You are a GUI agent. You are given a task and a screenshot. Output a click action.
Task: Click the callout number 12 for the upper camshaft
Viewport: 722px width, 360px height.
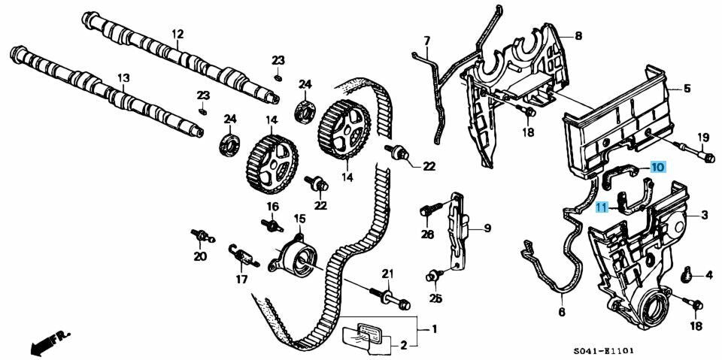click(x=177, y=34)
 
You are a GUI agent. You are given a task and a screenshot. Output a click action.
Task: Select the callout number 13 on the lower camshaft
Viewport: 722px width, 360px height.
click(x=123, y=77)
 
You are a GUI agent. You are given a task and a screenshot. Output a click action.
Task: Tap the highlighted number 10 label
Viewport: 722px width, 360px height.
click(x=657, y=167)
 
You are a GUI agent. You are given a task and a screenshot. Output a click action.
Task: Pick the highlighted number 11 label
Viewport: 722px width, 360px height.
click(x=602, y=208)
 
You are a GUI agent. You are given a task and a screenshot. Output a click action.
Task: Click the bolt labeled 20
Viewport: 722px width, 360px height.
click(x=201, y=237)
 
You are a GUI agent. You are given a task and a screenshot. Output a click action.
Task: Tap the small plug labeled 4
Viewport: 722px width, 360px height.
click(x=687, y=275)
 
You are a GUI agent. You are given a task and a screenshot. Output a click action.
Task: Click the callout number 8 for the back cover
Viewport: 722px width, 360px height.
click(x=578, y=35)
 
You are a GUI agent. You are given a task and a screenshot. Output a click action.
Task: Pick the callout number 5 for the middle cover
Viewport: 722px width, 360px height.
click(x=686, y=89)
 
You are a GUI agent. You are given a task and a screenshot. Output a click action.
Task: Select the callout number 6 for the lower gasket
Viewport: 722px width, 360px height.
click(x=561, y=310)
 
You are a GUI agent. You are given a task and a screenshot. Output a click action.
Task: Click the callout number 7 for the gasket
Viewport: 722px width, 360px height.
click(x=426, y=40)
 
